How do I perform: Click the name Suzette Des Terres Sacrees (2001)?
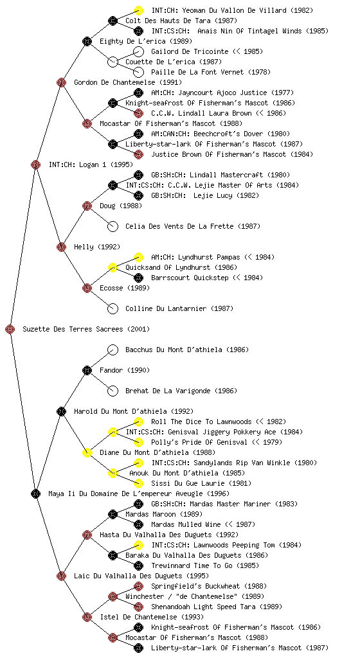pos(86,329)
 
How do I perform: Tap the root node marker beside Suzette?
pos(10,329)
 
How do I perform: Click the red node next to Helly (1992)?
pos(61,247)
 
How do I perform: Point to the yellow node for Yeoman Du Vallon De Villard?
pos(138,10)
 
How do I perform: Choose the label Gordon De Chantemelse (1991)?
pos(128,82)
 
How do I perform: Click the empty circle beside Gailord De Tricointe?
pos(138,51)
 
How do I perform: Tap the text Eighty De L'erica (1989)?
pos(145,41)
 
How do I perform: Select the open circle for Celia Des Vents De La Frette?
pos(113,226)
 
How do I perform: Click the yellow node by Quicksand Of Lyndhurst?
pos(113,267)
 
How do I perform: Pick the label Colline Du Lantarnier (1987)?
pos(179,308)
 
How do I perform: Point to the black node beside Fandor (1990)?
pos(87,370)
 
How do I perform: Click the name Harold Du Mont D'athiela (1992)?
pos(134,411)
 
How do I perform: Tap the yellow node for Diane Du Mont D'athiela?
pos(87,452)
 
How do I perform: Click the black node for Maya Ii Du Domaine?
pos(35,493)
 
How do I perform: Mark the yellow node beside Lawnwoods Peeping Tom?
pos(138,545)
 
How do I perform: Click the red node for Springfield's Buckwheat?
pos(138,586)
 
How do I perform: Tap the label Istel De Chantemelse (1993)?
pos(152,617)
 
